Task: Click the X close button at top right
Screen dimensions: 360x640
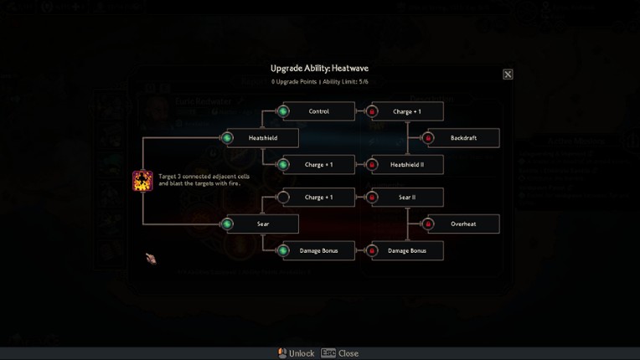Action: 508,75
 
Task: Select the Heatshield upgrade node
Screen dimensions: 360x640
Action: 262,137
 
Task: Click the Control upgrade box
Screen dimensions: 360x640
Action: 318,111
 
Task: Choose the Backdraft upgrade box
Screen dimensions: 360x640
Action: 462,137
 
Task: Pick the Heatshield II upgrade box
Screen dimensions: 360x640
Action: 407,164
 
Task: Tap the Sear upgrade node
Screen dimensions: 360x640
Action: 262,224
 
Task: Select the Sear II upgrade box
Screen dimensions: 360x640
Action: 407,198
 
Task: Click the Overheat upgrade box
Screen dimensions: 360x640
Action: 462,224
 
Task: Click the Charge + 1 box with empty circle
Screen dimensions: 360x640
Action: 318,198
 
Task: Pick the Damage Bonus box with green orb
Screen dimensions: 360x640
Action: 318,250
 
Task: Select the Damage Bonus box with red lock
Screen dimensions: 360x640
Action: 407,250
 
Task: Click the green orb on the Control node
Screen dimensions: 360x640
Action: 283,111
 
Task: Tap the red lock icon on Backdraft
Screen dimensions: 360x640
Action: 428,137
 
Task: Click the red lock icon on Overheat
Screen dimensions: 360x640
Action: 428,224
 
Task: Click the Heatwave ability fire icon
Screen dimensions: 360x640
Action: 142,181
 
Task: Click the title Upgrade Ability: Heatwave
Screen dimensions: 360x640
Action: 319,68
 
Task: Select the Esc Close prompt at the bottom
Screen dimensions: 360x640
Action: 340,353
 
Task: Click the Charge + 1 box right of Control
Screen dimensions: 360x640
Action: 407,111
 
